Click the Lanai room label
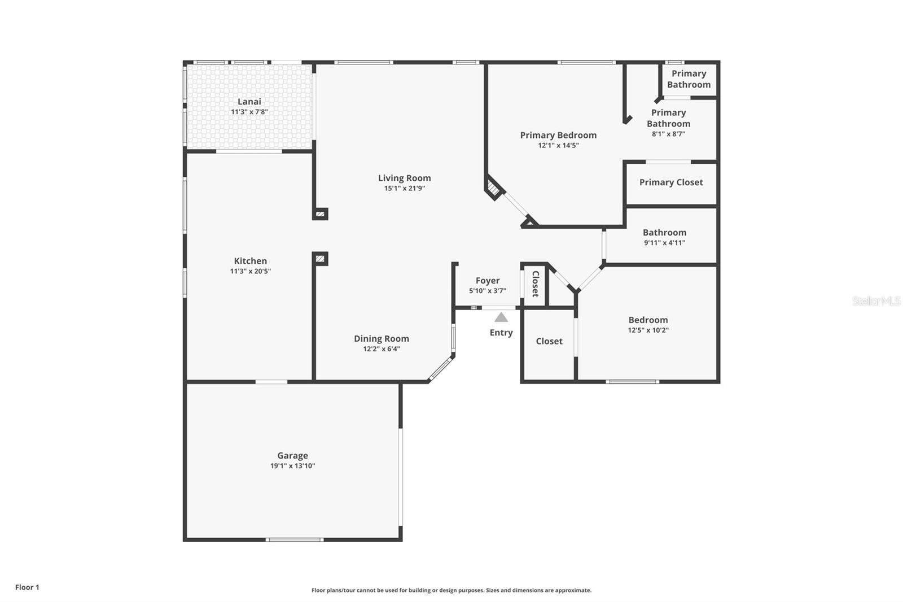249,102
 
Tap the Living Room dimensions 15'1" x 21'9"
404,188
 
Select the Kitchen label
250,261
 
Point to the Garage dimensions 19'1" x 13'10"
292,466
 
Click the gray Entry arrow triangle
501,317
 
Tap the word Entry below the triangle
501,333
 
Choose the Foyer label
487,281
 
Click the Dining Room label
382,339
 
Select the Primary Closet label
671,182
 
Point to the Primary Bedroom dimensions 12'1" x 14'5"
558,145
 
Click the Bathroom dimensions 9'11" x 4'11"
664,243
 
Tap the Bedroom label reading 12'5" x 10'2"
648,330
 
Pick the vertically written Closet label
535,284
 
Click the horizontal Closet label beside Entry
549,341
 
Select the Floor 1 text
27,587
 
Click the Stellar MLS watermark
876,301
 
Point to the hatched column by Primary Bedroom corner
493,188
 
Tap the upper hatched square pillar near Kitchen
320,214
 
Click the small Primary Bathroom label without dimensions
689,79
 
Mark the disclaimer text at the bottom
451,590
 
